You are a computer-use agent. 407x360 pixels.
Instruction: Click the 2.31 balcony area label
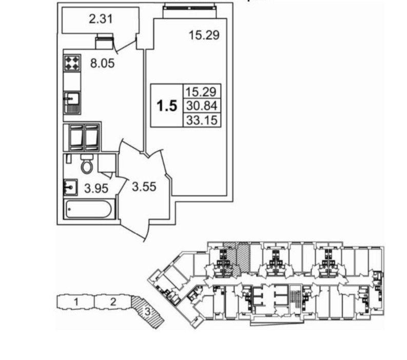[101, 21]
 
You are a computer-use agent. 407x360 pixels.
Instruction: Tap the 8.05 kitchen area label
[101, 64]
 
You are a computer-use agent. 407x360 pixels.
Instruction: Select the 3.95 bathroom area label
[96, 189]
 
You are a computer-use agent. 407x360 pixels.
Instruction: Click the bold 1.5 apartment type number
[166, 106]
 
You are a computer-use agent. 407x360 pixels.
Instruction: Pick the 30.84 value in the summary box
[202, 106]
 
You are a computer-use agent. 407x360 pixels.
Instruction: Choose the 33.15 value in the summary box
[202, 121]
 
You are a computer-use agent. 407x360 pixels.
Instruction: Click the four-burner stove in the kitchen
[72, 63]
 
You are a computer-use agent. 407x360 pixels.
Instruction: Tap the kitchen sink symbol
[71, 102]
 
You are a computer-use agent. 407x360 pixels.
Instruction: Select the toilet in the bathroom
[87, 164]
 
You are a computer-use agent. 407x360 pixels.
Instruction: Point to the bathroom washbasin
[70, 187]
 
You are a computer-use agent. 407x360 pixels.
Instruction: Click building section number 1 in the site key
[75, 302]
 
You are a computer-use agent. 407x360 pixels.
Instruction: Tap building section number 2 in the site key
[113, 302]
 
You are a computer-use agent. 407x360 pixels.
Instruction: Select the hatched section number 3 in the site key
[147, 310]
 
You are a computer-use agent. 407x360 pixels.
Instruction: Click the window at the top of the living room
[189, 9]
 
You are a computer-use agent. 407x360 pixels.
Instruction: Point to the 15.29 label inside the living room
[205, 35]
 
